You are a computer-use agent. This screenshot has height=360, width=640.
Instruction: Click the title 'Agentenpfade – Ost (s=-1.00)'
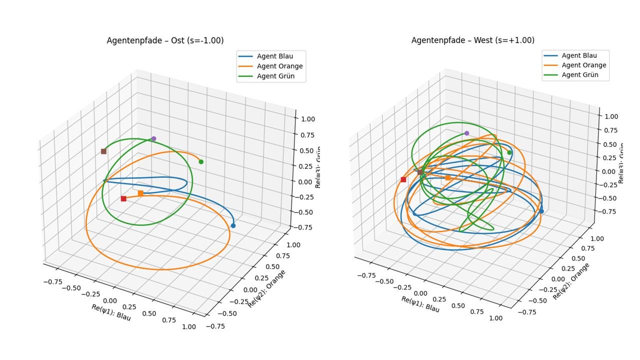coord(165,40)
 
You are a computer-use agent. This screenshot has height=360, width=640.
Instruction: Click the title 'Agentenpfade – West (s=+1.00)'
coord(472,40)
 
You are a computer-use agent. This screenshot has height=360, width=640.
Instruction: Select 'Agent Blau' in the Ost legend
coord(274,56)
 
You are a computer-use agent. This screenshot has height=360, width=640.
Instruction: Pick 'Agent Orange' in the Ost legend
coord(279,66)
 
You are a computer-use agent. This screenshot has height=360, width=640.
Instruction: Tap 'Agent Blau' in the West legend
coord(579,55)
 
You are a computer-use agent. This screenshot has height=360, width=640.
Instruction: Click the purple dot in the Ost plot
coord(153,138)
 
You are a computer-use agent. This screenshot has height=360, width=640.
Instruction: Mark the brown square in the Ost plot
coord(103,151)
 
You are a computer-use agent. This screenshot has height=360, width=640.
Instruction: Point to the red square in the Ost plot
coord(123,198)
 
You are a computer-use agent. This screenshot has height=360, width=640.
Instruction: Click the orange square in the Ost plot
coord(140,193)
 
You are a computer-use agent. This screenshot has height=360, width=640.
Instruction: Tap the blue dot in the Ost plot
coord(233,225)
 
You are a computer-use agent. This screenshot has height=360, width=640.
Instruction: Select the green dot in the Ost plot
coord(201,161)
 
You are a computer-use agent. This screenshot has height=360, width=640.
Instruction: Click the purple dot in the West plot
coord(466,133)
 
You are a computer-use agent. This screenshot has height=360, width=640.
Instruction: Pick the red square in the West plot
coord(403,179)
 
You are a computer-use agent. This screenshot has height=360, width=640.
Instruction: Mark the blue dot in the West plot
coord(541,211)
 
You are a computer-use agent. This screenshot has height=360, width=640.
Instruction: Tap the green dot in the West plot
coord(509,152)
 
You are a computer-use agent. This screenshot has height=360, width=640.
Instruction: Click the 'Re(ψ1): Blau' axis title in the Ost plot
coord(111,312)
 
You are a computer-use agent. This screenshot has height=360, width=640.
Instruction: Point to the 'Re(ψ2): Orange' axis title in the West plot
coord(571,281)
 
